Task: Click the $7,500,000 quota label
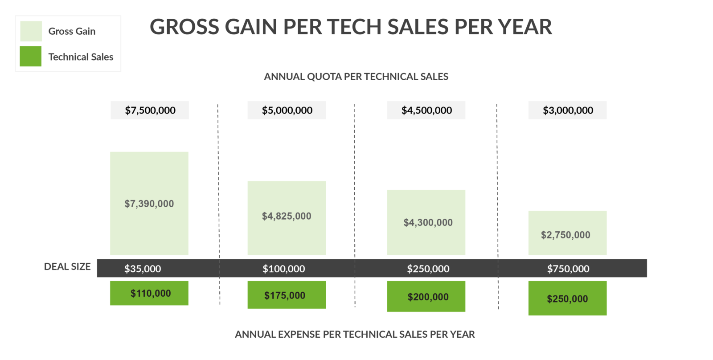(150, 110)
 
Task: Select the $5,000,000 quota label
(287, 110)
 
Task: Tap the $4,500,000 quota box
(426, 110)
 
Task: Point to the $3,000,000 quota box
(567, 110)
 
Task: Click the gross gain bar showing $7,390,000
(149, 203)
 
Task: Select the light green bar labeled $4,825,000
(287, 217)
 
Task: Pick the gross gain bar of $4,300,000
(426, 222)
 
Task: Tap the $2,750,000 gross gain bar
(567, 233)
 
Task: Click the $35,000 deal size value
(143, 269)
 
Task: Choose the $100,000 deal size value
(284, 269)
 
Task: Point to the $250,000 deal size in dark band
(428, 269)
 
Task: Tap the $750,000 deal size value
(568, 269)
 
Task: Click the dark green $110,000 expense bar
(149, 293)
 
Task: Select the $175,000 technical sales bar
(287, 295)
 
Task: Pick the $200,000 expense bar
(426, 296)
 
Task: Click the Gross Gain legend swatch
(31, 31)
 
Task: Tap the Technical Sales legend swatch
(31, 57)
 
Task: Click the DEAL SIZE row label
(67, 266)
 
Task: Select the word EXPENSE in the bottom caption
(299, 334)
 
